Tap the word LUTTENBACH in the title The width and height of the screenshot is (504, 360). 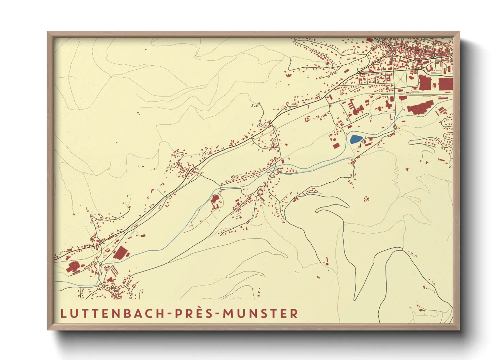(113, 313)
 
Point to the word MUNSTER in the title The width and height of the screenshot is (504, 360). (261, 313)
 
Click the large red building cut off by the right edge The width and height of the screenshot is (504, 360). (445, 84)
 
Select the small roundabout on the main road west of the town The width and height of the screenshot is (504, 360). (359, 72)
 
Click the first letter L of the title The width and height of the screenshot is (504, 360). (63, 313)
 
